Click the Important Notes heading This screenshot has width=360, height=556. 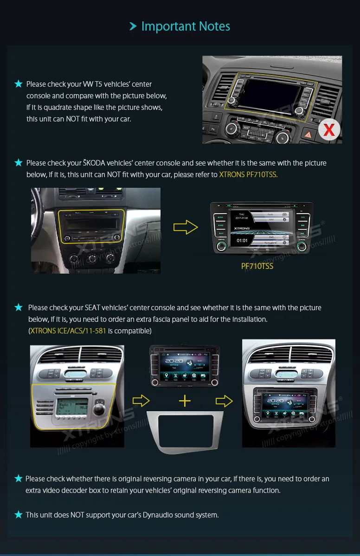[x=186, y=26]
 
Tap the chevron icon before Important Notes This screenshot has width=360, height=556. [x=133, y=26]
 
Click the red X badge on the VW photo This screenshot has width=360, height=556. [x=329, y=130]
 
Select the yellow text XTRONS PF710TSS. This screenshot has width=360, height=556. [x=248, y=175]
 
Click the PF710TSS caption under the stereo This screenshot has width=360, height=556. [x=257, y=266]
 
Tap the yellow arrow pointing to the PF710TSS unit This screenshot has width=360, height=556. [x=185, y=227]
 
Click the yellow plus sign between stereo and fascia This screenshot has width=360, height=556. [x=185, y=401]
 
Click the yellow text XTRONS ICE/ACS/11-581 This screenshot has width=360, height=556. [x=68, y=331]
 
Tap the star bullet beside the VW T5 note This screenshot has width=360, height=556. [x=19, y=84]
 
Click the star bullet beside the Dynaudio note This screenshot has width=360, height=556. [x=19, y=515]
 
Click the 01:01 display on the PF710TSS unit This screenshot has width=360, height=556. [x=242, y=241]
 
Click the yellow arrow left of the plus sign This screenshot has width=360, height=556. [x=141, y=401]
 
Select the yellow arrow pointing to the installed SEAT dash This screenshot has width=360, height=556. [x=224, y=401]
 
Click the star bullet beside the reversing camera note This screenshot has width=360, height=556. [x=19, y=479]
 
